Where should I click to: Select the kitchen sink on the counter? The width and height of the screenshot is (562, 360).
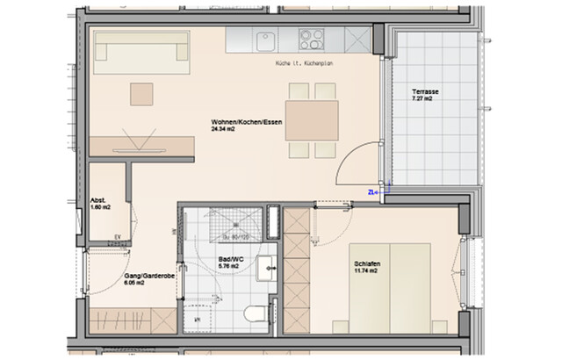click(x=265, y=39)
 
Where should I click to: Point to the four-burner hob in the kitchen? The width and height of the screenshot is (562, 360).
click(x=311, y=39)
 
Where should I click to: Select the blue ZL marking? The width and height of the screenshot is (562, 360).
click(x=372, y=191)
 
